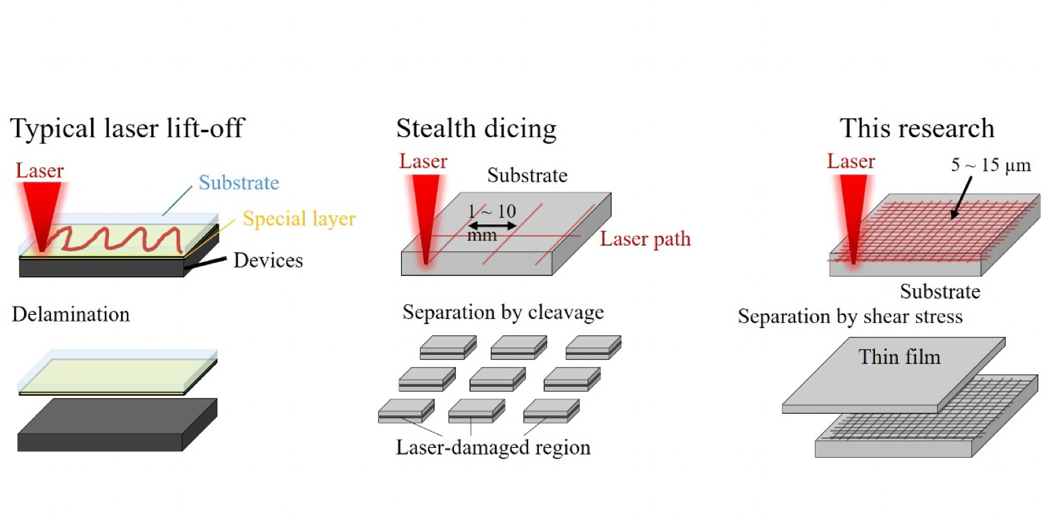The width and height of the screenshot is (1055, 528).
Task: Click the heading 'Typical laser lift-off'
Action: pyautogui.click(x=127, y=128)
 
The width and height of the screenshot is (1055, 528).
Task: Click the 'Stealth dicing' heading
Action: pyautogui.click(x=476, y=128)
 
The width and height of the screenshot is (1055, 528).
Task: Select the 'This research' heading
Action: pyautogui.click(x=917, y=128)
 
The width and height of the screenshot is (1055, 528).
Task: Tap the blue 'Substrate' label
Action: pyautogui.click(x=239, y=183)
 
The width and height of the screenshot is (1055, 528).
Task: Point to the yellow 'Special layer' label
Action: pyautogui.click(x=299, y=219)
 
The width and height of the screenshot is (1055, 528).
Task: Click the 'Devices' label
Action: pyautogui.click(x=267, y=261)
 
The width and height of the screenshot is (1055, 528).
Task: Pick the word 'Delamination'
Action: pyautogui.click(x=71, y=314)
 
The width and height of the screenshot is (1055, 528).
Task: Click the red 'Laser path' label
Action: pyautogui.click(x=644, y=239)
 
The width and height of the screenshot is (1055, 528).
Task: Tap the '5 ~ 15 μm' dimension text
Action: pyautogui.click(x=991, y=165)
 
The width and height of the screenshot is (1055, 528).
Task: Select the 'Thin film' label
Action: pyautogui.click(x=899, y=357)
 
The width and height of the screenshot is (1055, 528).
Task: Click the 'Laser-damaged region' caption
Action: pyautogui.click(x=493, y=447)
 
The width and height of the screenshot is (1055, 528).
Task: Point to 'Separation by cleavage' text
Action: pyautogui.click(x=503, y=312)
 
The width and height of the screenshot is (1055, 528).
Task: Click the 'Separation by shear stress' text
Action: pyautogui.click(x=850, y=316)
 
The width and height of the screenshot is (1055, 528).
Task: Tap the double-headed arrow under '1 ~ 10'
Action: pyautogui.click(x=492, y=226)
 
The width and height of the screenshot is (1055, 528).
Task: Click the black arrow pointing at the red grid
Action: pyautogui.click(x=961, y=199)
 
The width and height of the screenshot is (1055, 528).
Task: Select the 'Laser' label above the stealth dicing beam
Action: pyautogui.click(x=423, y=161)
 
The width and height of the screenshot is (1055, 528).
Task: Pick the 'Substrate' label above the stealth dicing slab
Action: pyautogui.click(x=527, y=176)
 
